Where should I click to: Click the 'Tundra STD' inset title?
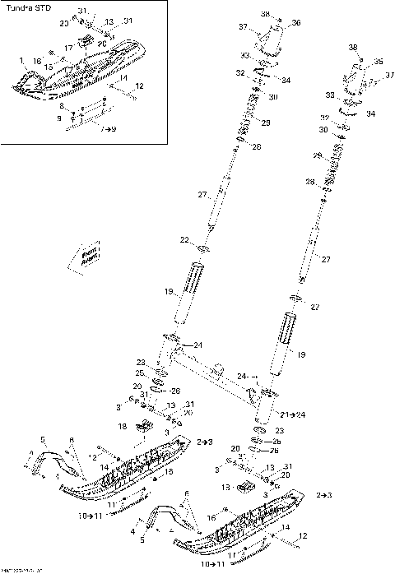(x=24, y=11)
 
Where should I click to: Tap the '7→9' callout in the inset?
(x=107, y=130)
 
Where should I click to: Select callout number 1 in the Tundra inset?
(x=21, y=60)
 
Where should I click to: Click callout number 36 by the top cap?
(x=296, y=22)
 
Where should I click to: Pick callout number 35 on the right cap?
(x=379, y=62)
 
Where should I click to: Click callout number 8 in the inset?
(x=60, y=106)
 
